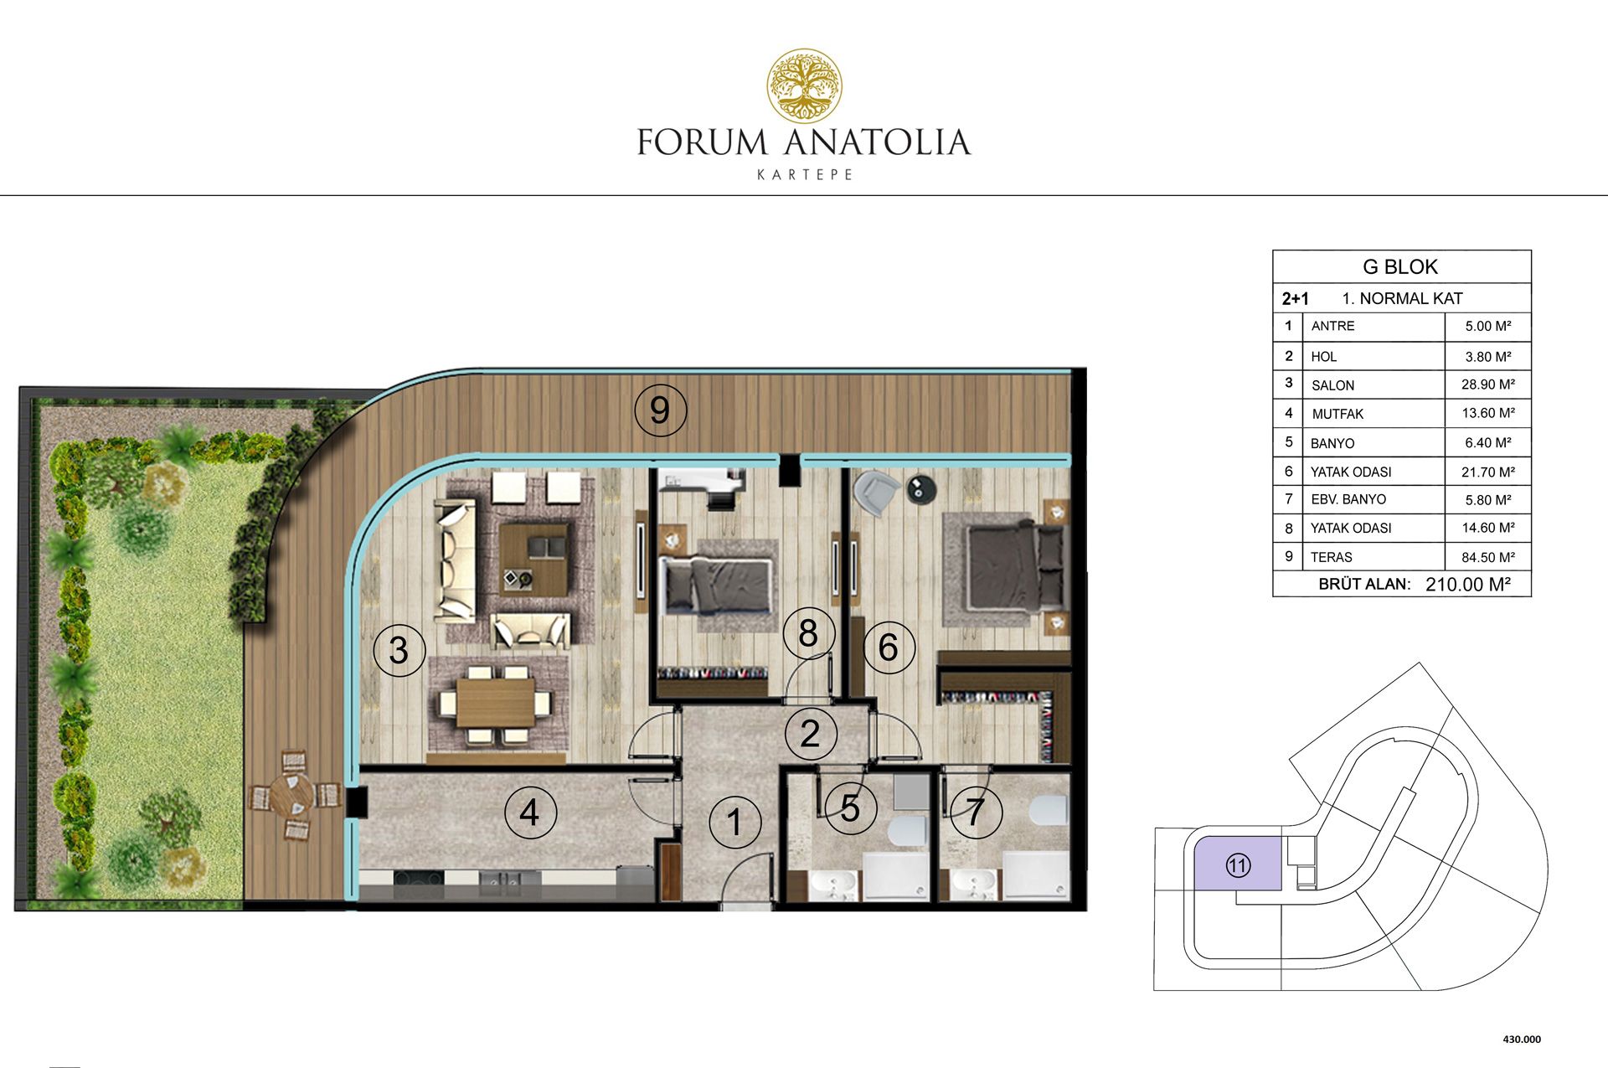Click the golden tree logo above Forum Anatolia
pyautogui.click(x=805, y=85)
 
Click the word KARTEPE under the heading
pyautogui.click(x=805, y=175)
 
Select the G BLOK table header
pyautogui.click(x=1400, y=267)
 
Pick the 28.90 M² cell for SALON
pyautogui.click(x=1488, y=384)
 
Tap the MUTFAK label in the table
pyautogui.click(x=1337, y=414)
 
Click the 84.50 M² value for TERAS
pyautogui.click(x=1488, y=557)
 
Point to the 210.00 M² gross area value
pyautogui.click(x=1468, y=585)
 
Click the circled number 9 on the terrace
pyautogui.click(x=660, y=410)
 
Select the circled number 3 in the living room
pyautogui.click(x=399, y=650)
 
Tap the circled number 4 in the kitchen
pyautogui.click(x=530, y=812)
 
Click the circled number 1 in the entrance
pyautogui.click(x=734, y=823)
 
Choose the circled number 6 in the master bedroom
pyautogui.click(x=889, y=647)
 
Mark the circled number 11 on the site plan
pyautogui.click(x=1238, y=865)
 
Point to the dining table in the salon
pyautogui.click(x=495, y=702)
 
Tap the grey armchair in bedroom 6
pyautogui.click(x=874, y=493)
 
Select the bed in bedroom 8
pyautogui.click(x=716, y=585)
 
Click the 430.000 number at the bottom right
pyautogui.click(x=1522, y=1040)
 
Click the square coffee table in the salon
pyautogui.click(x=535, y=558)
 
